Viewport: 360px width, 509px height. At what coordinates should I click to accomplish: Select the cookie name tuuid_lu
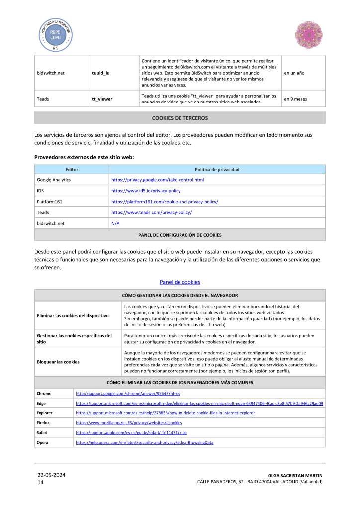(x=100, y=73)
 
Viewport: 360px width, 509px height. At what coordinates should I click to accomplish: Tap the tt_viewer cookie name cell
(x=102, y=99)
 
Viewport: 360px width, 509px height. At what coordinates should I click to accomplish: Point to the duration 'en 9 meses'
(x=295, y=99)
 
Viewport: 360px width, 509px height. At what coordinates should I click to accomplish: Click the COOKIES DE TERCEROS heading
(x=180, y=118)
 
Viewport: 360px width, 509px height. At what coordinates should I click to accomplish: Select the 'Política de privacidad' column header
(x=217, y=170)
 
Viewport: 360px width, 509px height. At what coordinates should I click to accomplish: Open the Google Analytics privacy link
(x=158, y=180)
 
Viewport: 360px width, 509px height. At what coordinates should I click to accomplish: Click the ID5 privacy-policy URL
(x=146, y=191)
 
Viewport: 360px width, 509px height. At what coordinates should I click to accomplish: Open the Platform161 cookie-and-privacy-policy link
(x=165, y=202)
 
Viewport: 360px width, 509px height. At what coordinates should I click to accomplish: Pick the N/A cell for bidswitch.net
(x=115, y=223)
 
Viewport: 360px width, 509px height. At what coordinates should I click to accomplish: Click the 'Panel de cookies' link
(x=180, y=282)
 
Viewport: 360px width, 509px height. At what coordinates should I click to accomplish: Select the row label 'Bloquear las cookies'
(x=58, y=362)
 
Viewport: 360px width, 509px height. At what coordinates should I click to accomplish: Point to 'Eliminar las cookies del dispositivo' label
(x=73, y=315)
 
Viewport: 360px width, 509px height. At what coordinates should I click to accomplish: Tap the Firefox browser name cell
(x=44, y=422)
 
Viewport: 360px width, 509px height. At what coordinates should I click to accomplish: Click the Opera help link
(x=144, y=442)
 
